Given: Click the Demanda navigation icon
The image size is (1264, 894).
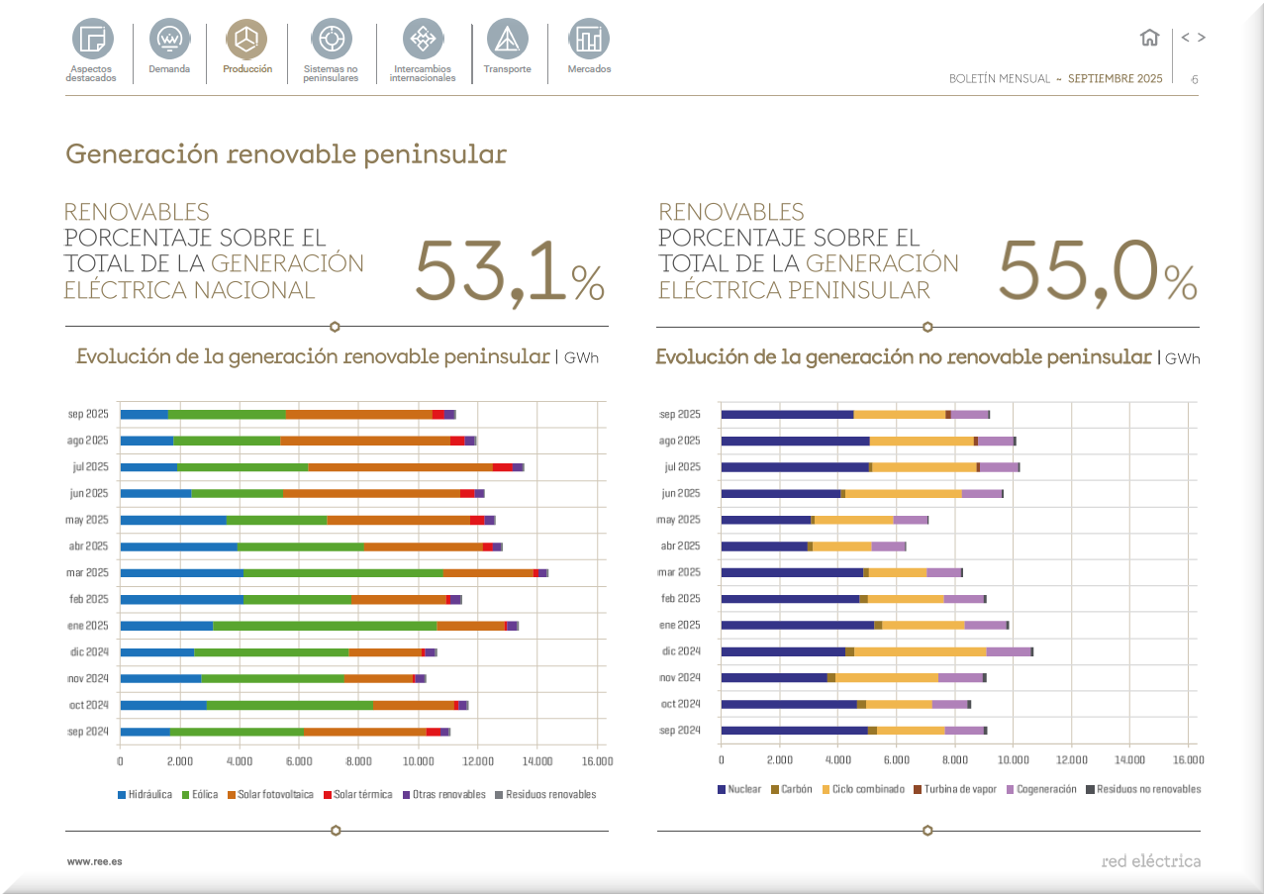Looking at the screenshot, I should (169, 40).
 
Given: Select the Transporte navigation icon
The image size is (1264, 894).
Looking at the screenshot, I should (507, 40).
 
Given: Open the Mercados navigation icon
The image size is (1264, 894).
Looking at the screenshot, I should (589, 40).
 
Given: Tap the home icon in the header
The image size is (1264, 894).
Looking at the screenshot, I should (1149, 38).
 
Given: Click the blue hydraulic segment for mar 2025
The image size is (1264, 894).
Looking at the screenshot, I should (181, 572).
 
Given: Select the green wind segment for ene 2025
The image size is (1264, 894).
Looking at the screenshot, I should (325, 626).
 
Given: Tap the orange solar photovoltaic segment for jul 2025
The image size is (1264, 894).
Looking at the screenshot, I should (400, 466).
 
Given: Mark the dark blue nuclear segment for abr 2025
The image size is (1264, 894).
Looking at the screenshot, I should (764, 546).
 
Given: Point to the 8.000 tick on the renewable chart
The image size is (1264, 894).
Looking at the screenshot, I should (358, 761).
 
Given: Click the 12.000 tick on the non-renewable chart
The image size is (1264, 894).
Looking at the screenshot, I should (1071, 759).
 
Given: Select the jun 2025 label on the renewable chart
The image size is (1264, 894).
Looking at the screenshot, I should (89, 493).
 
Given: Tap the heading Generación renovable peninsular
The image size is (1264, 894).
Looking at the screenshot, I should (286, 154).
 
